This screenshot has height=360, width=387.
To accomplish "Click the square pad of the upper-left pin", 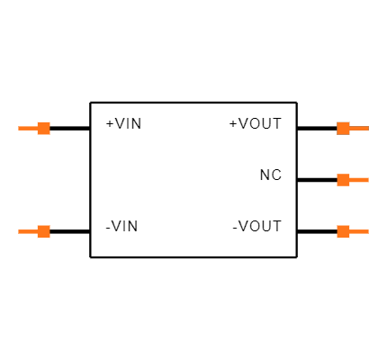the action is click(x=43, y=128).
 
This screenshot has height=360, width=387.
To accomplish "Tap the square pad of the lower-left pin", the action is click(x=43, y=231).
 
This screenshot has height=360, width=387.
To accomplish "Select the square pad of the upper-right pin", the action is click(x=343, y=128).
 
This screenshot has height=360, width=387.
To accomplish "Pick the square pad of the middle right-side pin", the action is click(x=343, y=180).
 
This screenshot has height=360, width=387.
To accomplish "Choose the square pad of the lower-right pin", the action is click(x=343, y=231).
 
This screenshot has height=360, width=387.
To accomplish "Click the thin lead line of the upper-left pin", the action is click(x=27, y=128).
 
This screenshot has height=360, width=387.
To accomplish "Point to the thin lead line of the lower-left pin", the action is click(x=27, y=231).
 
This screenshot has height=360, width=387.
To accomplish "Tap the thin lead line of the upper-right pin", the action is click(x=359, y=128).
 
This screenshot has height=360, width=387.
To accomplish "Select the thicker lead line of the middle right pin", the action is click(x=359, y=180).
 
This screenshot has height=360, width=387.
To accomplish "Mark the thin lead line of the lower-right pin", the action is click(x=359, y=231).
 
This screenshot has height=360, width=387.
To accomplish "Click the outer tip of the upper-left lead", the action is click(x=19, y=128).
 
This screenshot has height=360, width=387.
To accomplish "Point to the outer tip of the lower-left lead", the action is click(x=19, y=231).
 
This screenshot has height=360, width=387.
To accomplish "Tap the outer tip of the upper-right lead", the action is click(x=367, y=128).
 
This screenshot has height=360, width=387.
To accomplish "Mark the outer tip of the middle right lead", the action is click(x=367, y=180).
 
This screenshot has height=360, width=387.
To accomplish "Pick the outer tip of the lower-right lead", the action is click(x=367, y=231).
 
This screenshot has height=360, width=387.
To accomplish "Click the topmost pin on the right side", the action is click(x=352, y=128).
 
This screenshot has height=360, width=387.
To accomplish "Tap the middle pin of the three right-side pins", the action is click(x=352, y=180).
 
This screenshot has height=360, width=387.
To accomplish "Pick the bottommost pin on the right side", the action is click(x=352, y=231).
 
